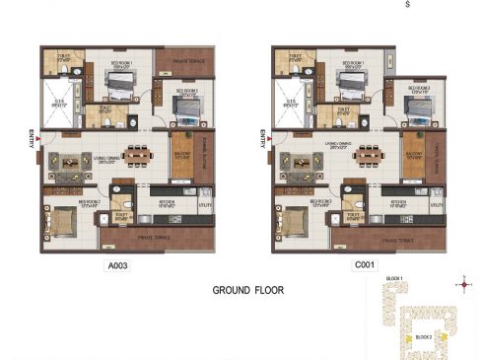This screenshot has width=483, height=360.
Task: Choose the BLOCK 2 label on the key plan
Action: click(x=423, y=337)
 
